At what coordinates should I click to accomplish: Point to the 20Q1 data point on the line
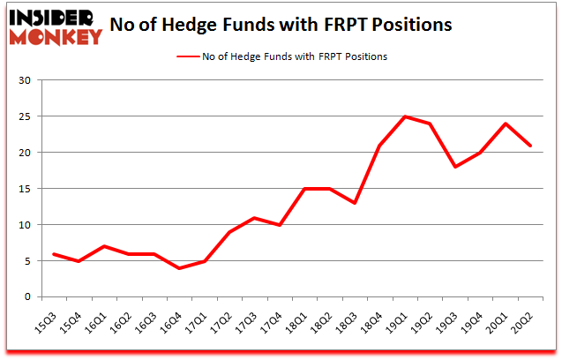(x=506, y=124)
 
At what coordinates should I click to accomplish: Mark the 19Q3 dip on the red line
(x=456, y=167)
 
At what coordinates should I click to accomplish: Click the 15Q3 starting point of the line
(x=55, y=254)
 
